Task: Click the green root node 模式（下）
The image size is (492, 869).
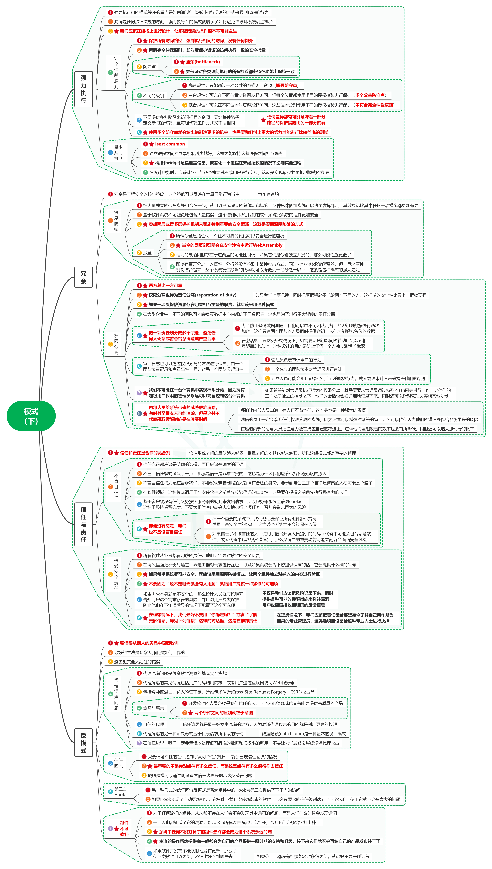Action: pyautogui.click(x=31, y=416)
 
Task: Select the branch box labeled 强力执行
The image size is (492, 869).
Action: pyautogui.click(x=84, y=89)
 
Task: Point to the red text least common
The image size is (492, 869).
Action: pyautogui.click(x=170, y=144)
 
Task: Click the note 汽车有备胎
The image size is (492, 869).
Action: pyautogui.click(x=269, y=194)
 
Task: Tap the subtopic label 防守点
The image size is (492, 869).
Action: pyautogui.click(x=149, y=67)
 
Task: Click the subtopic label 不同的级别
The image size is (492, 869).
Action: pyautogui.click(x=153, y=96)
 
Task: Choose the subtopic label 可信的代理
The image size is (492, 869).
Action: pyautogui.click(x=153, y=724)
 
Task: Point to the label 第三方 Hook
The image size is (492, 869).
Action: pyautogui.click(x=120, y=792)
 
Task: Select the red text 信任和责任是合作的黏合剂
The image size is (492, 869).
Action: pyautogui.click(x=145, y=453)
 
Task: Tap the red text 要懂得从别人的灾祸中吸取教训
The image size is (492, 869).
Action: pyautogui.click(x=149, y=643)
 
